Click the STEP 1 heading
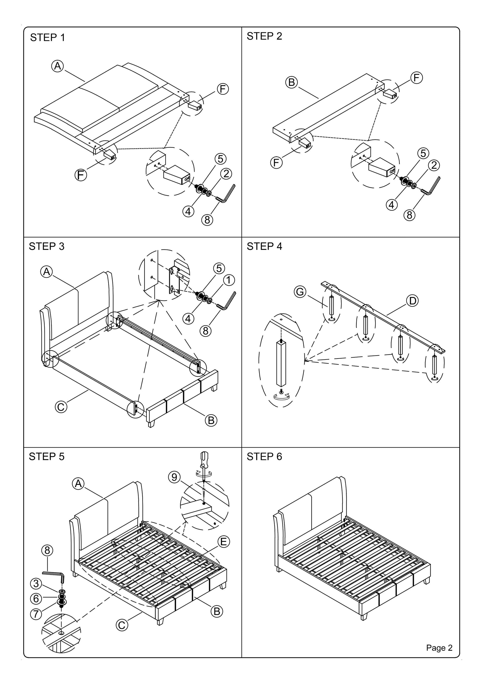(48, 38)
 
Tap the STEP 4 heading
(264, 246)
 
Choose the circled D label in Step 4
(412, 301)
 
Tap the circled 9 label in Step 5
(174, 477)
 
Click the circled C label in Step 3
(61, 407)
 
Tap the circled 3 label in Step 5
(36, 583)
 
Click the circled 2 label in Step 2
(434, 165)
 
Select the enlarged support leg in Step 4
(281, 363)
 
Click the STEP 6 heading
(264, 457)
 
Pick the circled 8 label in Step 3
(205, 331)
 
